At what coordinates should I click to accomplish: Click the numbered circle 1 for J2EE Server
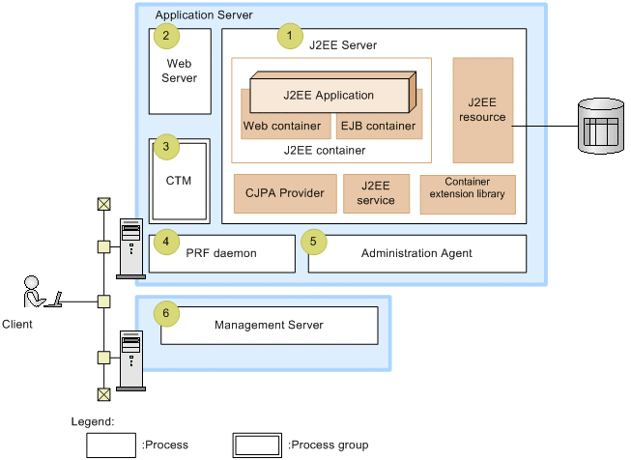click(x=288, y=38)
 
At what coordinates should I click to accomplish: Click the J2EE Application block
click(x=330, y=96)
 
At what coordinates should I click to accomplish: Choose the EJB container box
click(x=377, y=127)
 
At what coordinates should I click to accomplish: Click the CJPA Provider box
click(x=286, y=193)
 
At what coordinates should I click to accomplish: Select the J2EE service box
click(x=376, y=193)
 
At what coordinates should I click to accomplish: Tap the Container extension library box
click(x=468, y=193)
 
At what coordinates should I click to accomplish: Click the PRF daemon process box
click(x=221, y=253)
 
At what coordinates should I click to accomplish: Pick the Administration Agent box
click(x=416, y=253)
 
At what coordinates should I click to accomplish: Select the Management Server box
click(x=269, y=326)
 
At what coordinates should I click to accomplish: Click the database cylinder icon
click(x=597, y=125)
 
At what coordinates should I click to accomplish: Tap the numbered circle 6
click(x=166, y=313)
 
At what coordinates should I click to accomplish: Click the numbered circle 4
click(x=166, y=240)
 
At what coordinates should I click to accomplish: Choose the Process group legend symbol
click(x=258, y=445)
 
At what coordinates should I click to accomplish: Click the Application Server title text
click(x=204, y=15)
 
